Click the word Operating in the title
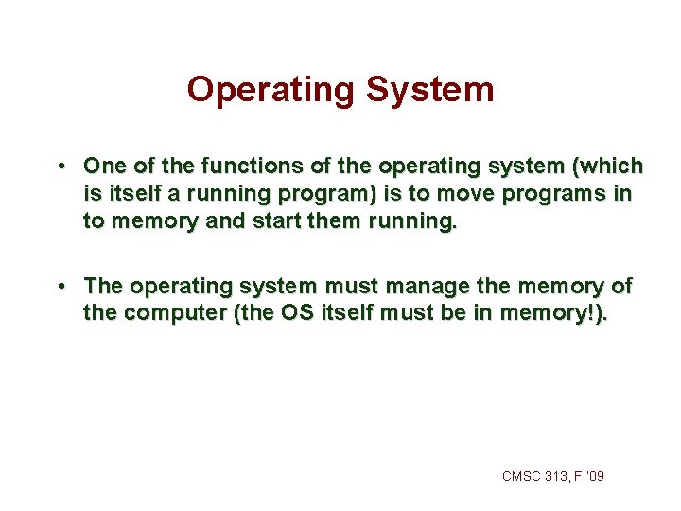tap(270, 90)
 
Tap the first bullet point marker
tap(60, 166)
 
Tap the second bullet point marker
tap(60, 285)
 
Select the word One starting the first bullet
tap(103, 166)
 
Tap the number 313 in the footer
tap(558, 476)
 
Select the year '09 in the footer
tap(594, 476)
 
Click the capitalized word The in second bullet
tap(104, 285)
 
